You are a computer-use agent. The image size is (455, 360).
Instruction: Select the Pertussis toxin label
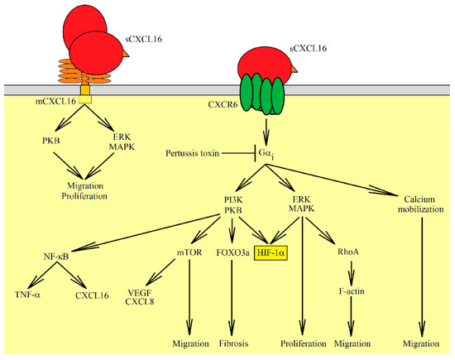coord(194,155)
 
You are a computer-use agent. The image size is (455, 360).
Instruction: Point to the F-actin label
coord(354,292)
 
